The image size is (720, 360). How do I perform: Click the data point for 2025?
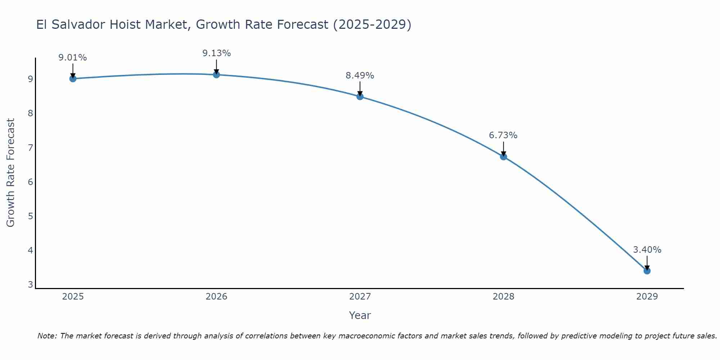73,78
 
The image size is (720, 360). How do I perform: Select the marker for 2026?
216,75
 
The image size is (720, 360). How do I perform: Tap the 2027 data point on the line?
360,96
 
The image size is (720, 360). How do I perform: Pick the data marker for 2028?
503,157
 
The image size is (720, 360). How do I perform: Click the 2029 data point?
647,271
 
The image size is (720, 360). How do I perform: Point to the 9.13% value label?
216,53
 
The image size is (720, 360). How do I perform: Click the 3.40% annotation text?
647,249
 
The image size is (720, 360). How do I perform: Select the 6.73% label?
503,135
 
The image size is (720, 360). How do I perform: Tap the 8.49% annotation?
360,76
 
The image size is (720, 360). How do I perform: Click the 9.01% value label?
73,58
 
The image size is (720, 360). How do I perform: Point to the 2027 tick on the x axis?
360,297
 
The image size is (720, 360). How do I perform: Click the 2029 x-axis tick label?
647,297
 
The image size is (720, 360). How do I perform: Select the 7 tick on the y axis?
30,148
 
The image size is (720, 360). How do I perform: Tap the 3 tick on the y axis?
30,284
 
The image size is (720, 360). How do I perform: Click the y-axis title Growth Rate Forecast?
11,173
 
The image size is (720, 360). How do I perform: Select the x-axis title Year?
360,315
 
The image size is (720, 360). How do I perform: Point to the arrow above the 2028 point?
503,148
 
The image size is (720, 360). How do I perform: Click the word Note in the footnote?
47,336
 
